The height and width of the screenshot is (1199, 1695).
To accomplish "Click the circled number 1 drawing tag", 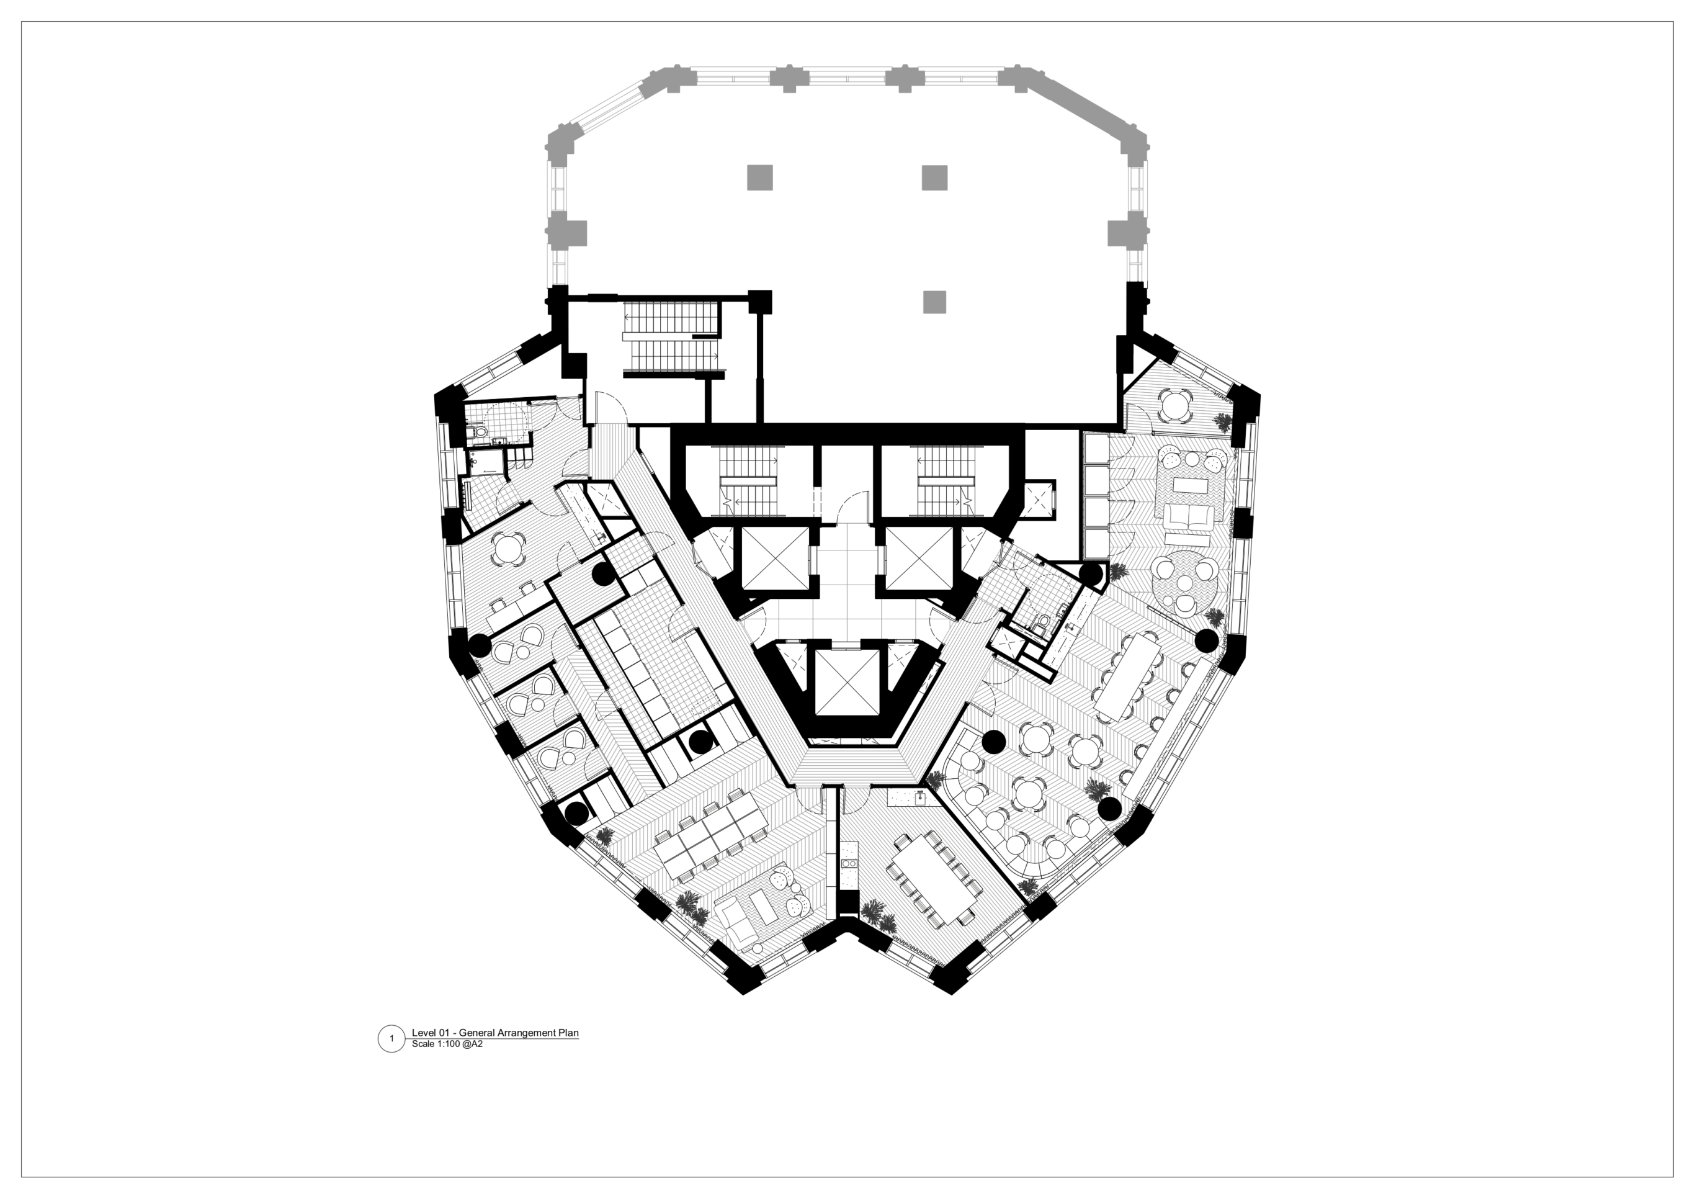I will [391, 1039].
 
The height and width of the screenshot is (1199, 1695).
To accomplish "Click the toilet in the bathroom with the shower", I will [478, 429].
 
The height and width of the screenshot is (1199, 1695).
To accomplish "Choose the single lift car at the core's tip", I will [847, 683].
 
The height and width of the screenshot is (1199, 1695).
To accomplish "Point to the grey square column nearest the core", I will [934, 302].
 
